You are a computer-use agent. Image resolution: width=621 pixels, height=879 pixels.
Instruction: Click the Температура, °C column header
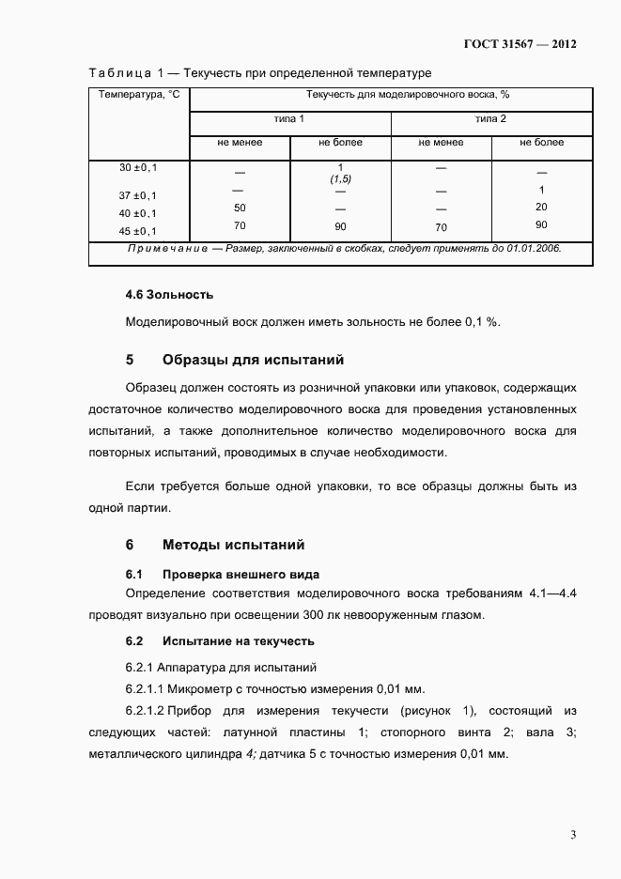click(139, 95)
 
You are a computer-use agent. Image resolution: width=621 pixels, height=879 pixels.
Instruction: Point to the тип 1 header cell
click(289, 119)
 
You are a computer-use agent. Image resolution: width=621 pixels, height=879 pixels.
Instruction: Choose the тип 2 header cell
click(490, 119)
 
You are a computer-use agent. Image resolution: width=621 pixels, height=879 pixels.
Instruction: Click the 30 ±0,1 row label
click(138, 167)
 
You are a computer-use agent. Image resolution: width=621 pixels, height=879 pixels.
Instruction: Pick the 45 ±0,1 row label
click(138, 231)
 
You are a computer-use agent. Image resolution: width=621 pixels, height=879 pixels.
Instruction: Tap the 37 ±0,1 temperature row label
click(138, 195)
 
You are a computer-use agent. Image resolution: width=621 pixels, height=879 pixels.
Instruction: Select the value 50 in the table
click(240, 208)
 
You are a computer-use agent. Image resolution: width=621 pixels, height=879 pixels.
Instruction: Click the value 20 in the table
click(541, 207)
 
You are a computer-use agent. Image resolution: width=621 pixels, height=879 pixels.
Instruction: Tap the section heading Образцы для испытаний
click(253, 360)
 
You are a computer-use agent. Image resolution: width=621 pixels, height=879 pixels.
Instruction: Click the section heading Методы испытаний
click(233, 545)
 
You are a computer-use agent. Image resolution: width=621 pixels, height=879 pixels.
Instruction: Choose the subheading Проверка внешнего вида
click(241, 574)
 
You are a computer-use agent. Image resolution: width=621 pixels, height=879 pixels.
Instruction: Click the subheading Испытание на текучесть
click(238, 641)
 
